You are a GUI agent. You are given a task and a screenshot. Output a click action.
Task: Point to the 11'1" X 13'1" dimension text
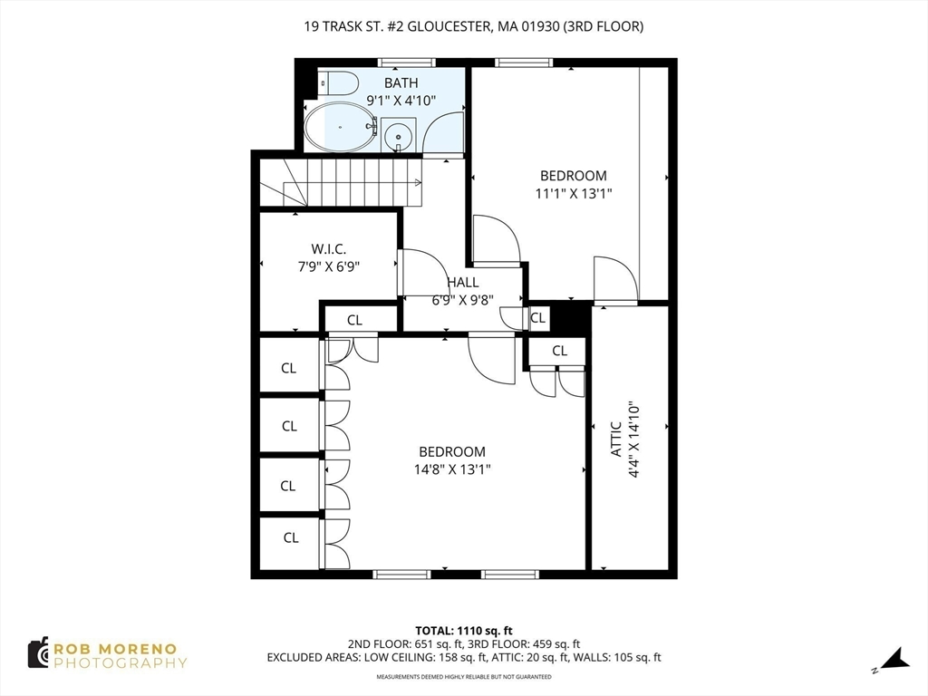(x=574, y=193)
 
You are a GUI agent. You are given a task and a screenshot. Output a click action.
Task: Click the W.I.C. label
(x=329, y=249)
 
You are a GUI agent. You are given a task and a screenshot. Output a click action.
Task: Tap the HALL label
(x=462, y=283)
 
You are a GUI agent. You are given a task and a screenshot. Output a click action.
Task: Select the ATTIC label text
(x=616, y=439)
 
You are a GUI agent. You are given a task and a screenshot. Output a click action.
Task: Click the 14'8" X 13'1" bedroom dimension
(x=452, y=469)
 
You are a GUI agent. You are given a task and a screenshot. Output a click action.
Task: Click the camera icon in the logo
(x=38, y=652)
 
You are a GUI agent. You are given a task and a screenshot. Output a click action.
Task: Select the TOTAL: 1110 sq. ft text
(x=464, y=630)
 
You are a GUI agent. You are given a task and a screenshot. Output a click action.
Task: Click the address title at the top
(x=474, y=26)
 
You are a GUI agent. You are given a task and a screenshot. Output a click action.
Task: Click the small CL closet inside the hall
(x=537, y=318)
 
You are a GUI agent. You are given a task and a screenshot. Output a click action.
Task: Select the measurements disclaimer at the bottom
(x=464, y=677)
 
